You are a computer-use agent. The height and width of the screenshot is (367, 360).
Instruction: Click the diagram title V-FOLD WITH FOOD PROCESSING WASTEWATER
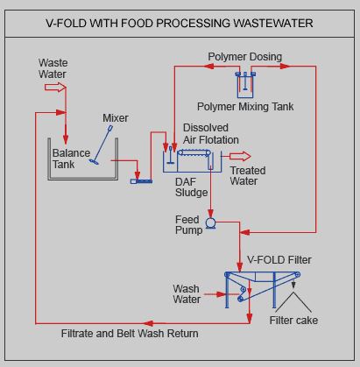tap(180, 23)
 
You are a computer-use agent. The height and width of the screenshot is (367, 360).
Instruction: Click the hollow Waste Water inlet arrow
tap(55, 87)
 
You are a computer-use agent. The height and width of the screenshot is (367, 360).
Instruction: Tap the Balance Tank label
tap(71, 159)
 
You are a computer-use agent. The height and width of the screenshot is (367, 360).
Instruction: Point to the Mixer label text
tap(116, 118)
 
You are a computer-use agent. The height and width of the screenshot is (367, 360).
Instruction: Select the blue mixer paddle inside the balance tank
tap(102, 145)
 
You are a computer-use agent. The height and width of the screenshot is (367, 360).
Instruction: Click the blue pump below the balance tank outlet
tap(141, 181)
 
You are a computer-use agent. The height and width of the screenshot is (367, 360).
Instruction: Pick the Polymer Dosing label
tap(244, 57)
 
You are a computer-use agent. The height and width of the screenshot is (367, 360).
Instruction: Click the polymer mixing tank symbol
tap(245, 85)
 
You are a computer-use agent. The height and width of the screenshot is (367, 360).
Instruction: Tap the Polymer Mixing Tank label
tap(245, 106)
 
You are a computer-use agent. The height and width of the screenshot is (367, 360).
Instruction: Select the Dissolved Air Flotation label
tap(211, 134)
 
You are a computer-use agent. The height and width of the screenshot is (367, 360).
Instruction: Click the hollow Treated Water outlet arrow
tap(240, 157)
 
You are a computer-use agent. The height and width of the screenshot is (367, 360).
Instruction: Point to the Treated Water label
tap(248, 176)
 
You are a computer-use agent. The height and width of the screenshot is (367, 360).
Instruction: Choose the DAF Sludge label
tap(191, 187)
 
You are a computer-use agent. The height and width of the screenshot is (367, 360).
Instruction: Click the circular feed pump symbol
tap(210, 223)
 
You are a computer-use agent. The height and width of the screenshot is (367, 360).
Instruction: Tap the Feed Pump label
tap(188, 225)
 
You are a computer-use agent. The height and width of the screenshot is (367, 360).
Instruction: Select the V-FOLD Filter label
tap(279, 260)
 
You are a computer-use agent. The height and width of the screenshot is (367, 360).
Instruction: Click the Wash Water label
tap(187, 294)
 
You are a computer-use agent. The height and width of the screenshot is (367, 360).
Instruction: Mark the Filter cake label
tap(293, 321)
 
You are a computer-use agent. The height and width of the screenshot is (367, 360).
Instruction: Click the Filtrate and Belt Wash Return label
tap(130, 334)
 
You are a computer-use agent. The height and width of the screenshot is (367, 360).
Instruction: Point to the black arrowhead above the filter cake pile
tap(293, 285)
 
